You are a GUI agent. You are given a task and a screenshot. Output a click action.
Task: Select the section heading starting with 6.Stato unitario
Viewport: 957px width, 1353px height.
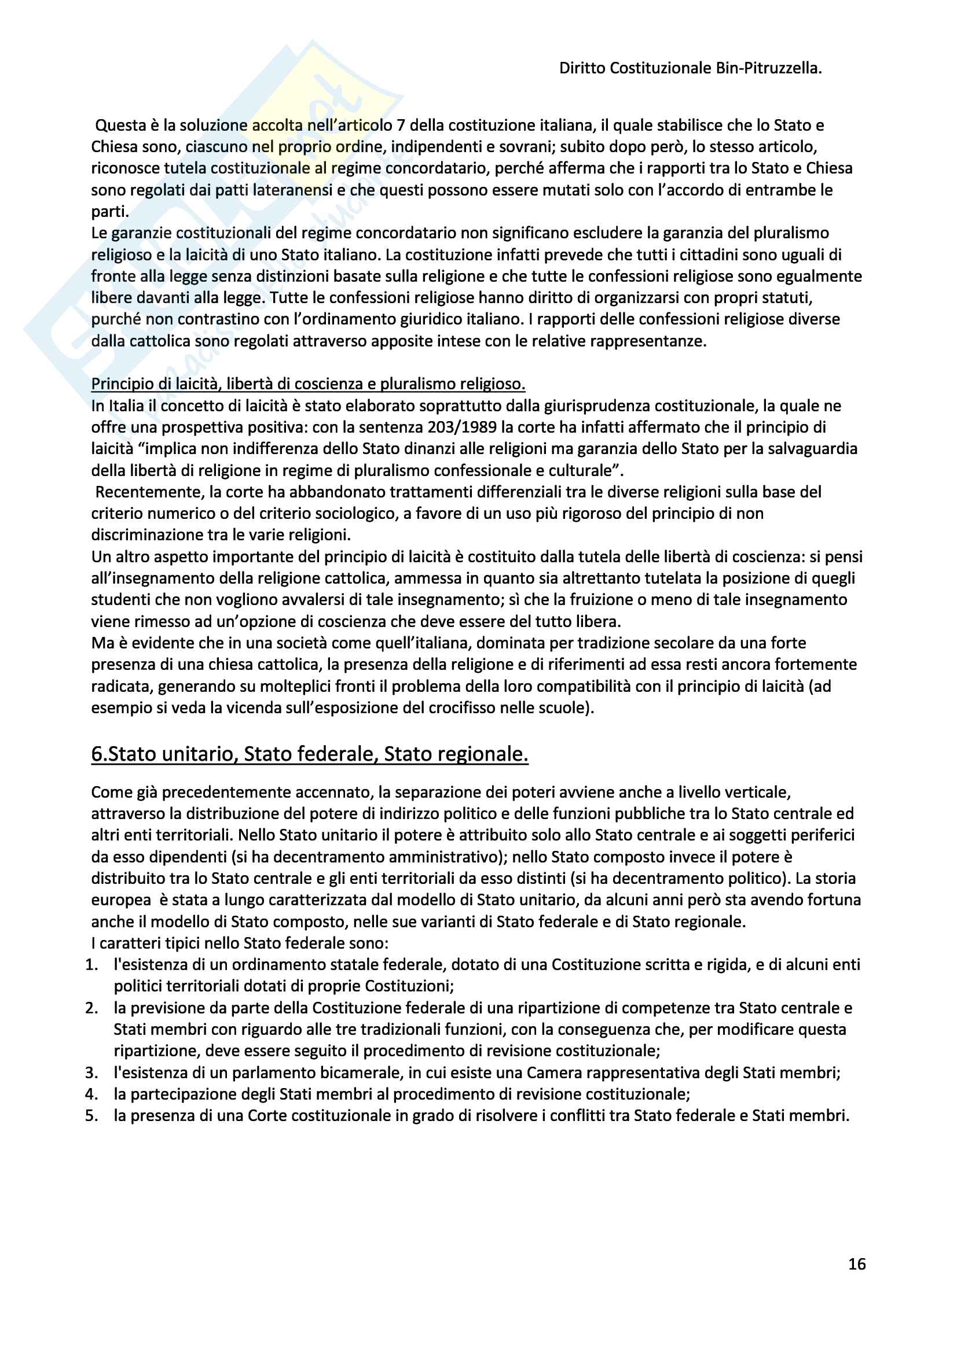(310, 754)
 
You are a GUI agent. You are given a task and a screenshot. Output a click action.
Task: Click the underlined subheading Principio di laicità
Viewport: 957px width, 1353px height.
(308, 384)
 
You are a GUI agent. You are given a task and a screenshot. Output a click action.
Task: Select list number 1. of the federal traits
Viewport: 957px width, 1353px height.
(91, 965)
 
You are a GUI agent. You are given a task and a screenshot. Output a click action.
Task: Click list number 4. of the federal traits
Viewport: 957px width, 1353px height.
(91, 1094)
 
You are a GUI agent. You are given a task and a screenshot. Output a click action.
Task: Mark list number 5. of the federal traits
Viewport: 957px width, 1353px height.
(91, 1115)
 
